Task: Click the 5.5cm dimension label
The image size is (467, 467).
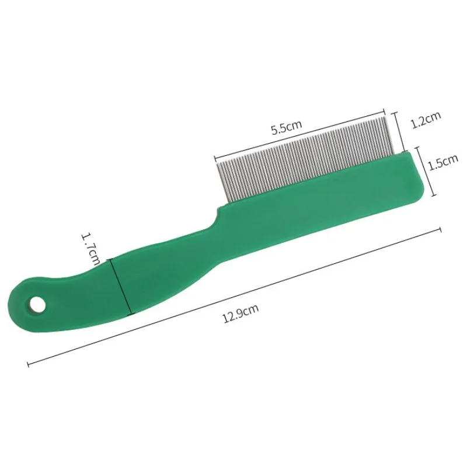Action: point(285,127)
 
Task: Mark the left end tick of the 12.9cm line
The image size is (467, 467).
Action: point(29,364)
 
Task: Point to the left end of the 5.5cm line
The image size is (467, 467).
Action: point(215,156)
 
